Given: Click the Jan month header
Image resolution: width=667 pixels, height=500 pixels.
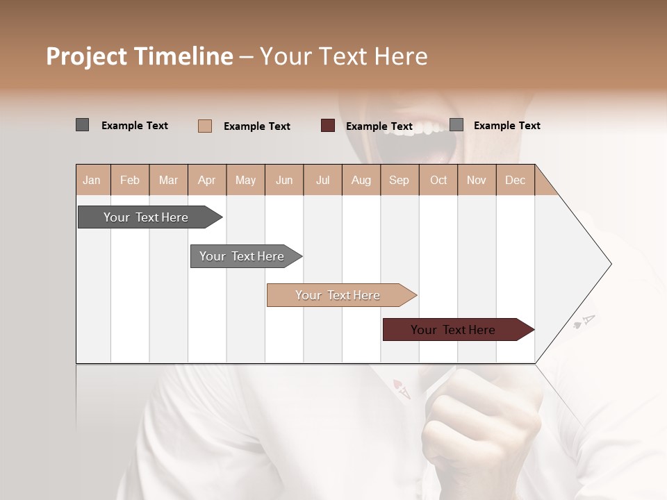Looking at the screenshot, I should [92, 180].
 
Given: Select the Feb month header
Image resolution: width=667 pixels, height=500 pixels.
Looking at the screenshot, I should [130, 180].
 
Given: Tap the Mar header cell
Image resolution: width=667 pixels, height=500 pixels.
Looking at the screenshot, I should [168, 180].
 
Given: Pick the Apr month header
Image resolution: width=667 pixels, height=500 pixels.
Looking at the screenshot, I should [207, 180].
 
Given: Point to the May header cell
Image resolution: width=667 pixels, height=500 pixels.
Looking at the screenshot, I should [245, 180].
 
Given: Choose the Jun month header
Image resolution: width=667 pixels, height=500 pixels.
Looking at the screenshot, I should [284, 180].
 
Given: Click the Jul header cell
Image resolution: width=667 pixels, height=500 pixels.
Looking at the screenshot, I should [322, 180].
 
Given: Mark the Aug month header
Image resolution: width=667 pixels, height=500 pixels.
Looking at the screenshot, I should [361, 180].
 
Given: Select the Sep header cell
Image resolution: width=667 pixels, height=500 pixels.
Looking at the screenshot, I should [400, 180].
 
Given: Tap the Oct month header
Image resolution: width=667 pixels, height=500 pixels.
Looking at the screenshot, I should [438, 180].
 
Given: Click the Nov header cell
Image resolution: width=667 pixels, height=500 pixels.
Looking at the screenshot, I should [477, 180].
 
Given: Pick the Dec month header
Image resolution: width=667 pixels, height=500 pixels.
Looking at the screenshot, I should [516, 180].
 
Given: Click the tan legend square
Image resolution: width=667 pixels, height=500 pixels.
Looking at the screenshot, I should [205, 126].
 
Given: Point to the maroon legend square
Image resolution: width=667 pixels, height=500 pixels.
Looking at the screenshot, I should [328, 126].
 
